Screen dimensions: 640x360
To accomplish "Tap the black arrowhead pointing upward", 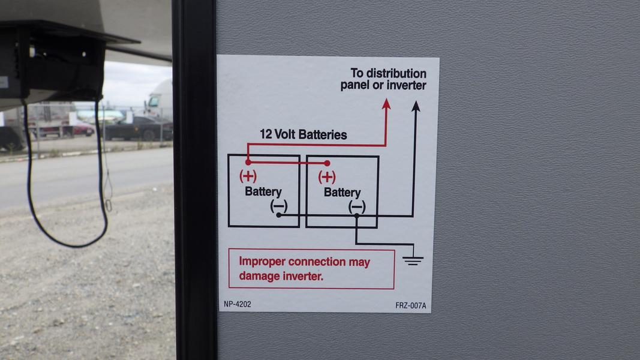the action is pyautogui.click(x=416, y=107).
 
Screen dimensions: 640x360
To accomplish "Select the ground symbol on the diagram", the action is pyautogui.click(x=413, y=260).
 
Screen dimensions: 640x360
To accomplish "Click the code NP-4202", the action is pyautogui.click(x=237, y=304).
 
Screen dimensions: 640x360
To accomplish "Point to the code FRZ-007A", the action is pyautogui.click(x=411, y=305).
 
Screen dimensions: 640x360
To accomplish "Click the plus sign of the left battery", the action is pyautogui.click(x=248, y=176).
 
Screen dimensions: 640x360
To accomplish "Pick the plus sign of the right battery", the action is pyautogui.click(x=327, y=177).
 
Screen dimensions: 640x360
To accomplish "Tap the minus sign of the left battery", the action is pyautogui.click(x=279, y=206).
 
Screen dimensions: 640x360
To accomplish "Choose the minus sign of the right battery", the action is pyautogui.click(x=357, y=207).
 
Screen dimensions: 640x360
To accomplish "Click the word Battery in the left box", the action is pyautogui.click(x=263, y=191).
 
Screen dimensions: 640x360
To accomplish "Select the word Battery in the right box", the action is pyautogui.click(x=342, y=192).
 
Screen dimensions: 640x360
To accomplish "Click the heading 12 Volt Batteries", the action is pyautogui.click(x=304, y=134).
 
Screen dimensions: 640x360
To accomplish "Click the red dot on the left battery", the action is pyautogui.click(x=248, y=163).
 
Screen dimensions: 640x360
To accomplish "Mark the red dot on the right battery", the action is pyautogui.click(x=327, y=163).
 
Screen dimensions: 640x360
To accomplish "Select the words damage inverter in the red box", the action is pyautogui.click(x=281, y=277).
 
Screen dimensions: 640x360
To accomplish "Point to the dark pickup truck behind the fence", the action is pyautogui.click(x=139, y=128).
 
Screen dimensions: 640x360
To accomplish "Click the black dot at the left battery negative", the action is pyautogui.click(x=279, y=215).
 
